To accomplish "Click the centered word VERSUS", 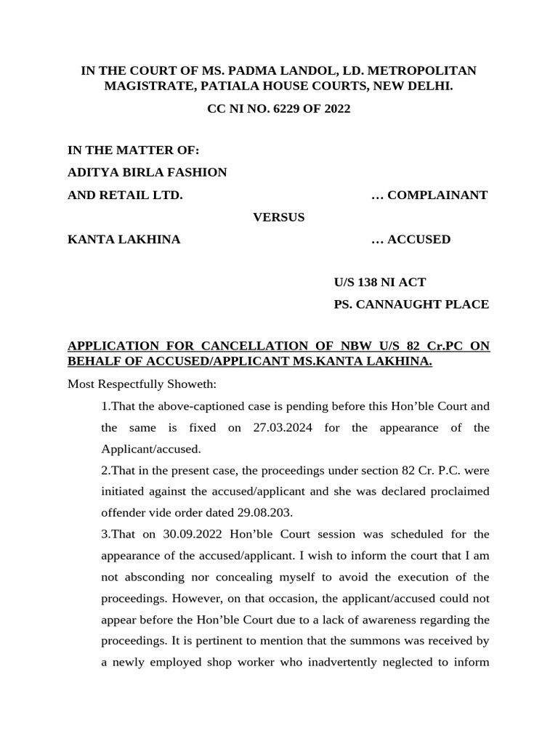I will (278, 217).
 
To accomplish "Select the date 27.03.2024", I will (283, 427).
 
